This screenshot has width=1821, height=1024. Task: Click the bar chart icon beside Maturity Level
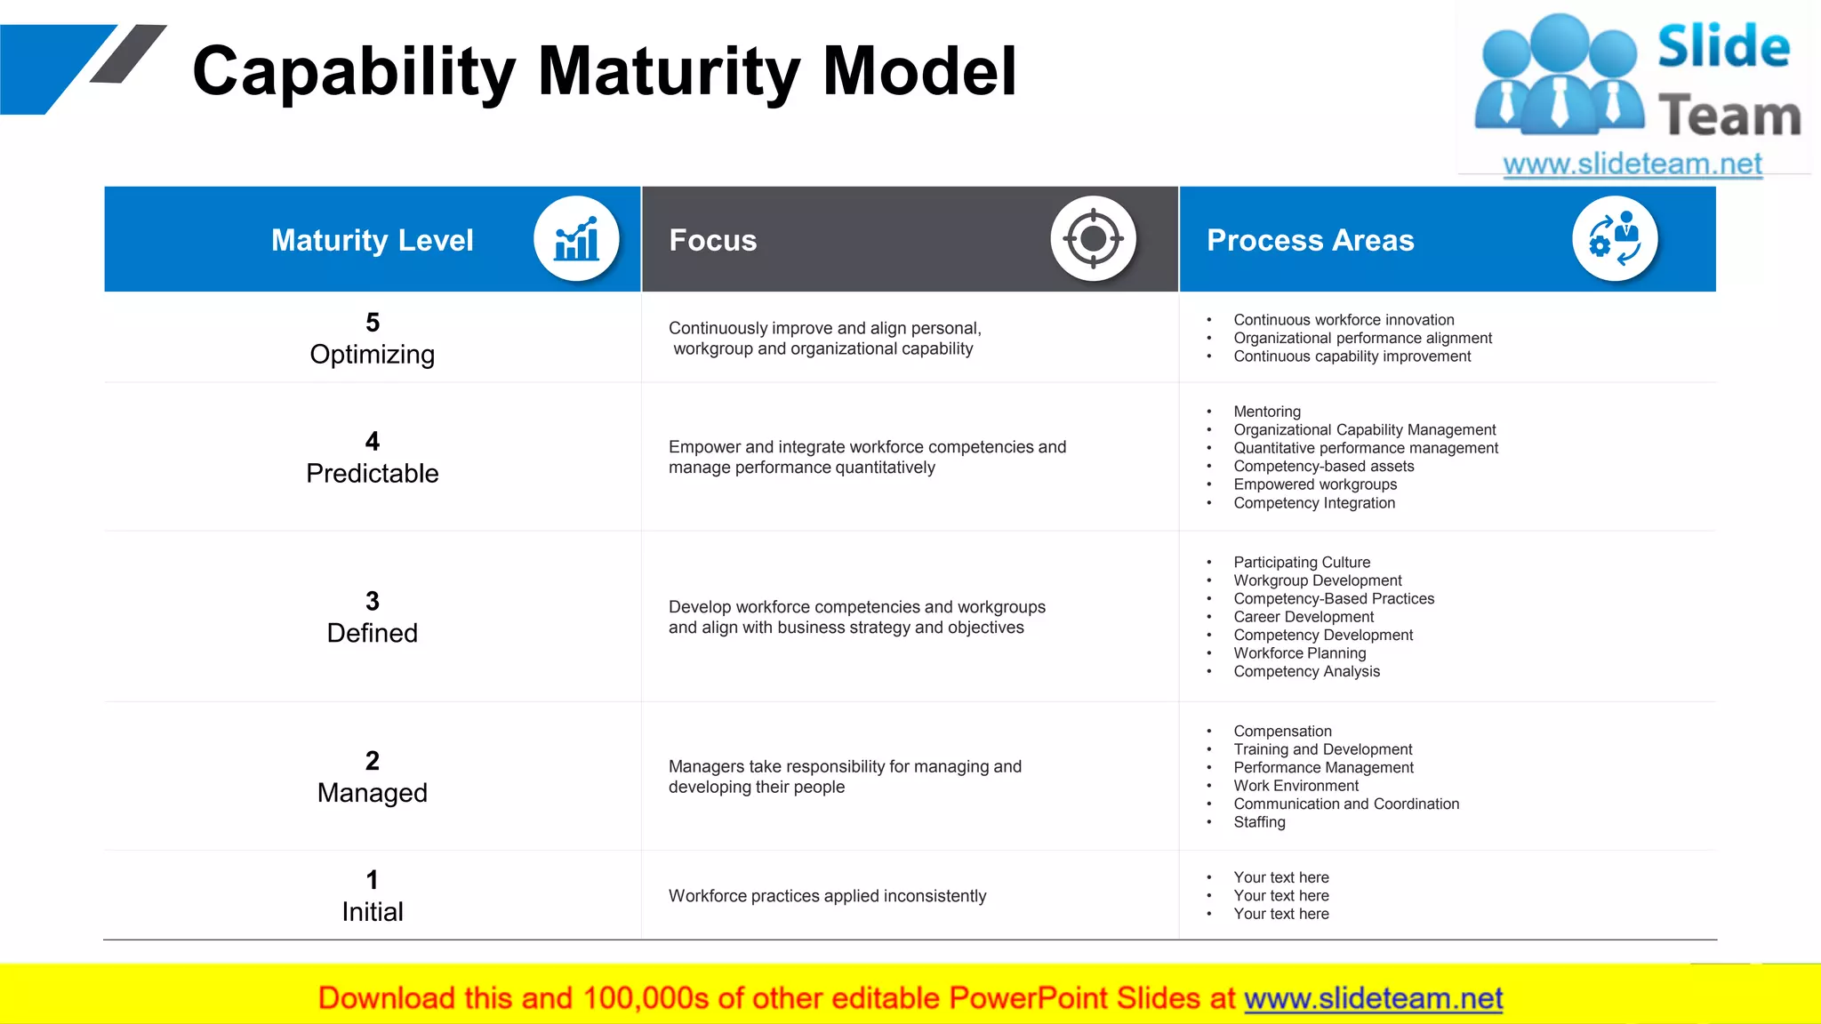click(x=576, y=239)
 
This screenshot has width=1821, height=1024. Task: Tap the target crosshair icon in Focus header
click(x=1093, y=239)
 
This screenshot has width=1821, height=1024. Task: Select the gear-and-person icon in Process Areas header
click(x=1614, y=239)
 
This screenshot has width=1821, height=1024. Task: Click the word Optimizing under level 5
click(x=372, y=355)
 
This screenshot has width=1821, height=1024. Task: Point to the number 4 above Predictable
click(x=372, y=441)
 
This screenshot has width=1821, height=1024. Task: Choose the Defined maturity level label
click(x=372, y=633)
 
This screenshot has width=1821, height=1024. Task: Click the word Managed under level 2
click(x=372, y=793)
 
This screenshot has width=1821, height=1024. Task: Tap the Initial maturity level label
click(x=372, y=912)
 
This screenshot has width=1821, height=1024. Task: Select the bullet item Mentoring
click(x=1266, y=412)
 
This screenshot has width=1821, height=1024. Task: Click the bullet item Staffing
click(x=1259, y=822)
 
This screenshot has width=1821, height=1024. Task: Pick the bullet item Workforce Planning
click(x=1299, y=653)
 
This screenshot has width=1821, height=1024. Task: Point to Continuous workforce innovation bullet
click(x=1343, y=320)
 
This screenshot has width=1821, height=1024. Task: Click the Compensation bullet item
click(x=1282, y=732)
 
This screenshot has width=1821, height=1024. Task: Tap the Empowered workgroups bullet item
click(x=1314, y=484)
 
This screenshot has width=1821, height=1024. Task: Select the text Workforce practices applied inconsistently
click(x=827, y=896)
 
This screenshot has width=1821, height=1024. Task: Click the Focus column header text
click(x=712, y=240)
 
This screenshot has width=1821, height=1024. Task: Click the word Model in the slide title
click(x=919, y=71)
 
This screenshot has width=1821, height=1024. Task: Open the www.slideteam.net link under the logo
click(x=1632, y=164)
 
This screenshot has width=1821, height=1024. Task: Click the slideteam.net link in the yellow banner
click(x=1373, y=998)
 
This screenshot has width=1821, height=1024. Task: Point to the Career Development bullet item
click(x=1303, y=617)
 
